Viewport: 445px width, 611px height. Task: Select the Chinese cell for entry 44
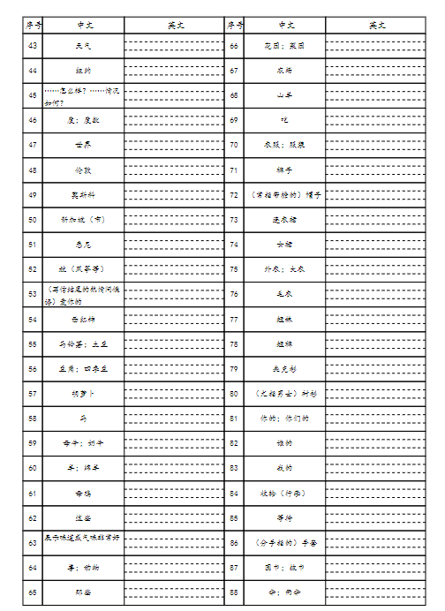pyautogui.click(x=84, y=69)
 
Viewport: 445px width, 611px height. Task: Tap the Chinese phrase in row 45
pyautogui.click(x=84, y=94)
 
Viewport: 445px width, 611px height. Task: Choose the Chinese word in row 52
pyautogui.click(x=84, y=268)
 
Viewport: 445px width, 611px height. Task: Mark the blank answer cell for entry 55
pyautogui.click(x=175, y=343)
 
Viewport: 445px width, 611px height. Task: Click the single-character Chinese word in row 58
pyautogui.click(x=84, y=418)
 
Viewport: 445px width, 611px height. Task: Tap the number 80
pyautogui.click(x=234, y=393)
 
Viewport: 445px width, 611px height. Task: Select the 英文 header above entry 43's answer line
pyautogui.click(x=175, y=26)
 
